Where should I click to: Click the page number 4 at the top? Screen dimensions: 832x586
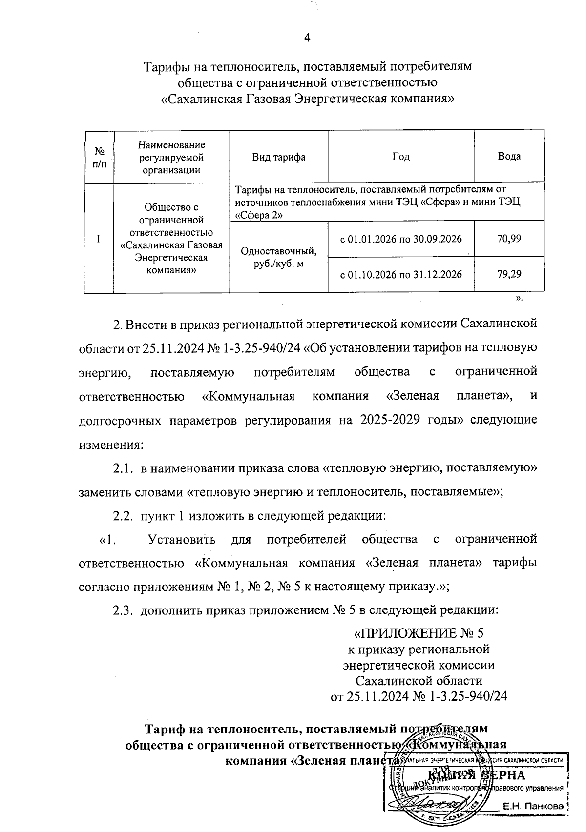tap(307, 38)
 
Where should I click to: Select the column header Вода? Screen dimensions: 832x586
tap(509, 156)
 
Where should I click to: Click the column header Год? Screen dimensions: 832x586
tap(400, 156)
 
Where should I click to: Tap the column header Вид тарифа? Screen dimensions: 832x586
tap(278, 157)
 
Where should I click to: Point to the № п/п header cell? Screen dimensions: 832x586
tap(99, 157)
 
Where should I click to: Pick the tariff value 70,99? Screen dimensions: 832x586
tap(509, 239)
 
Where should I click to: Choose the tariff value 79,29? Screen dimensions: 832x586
tap(509, 274)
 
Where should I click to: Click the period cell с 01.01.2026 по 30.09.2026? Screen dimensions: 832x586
tap(400, 239)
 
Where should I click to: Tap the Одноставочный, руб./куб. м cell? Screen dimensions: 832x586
tap(278, 259)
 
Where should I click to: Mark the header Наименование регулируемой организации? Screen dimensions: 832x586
tap(171, 157)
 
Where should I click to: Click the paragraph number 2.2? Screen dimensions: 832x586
tap(124, 516)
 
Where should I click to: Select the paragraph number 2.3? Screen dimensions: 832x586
tap(124, 610)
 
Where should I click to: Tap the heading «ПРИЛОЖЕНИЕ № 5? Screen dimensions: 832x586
tap(419, 633)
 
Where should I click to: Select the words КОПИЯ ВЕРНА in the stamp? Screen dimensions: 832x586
tap(476, 775)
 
